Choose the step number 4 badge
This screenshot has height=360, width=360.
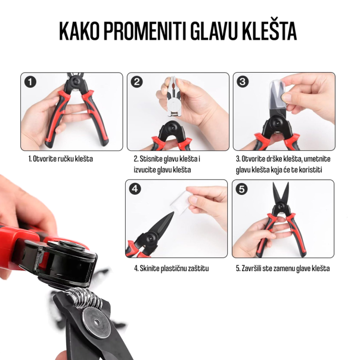click(x=136, y=189)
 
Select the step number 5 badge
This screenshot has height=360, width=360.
click(x=241, y=189)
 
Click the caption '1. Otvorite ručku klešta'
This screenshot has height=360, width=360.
click(x=61, y=159)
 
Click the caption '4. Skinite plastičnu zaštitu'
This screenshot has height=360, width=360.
click(x=171, y=268)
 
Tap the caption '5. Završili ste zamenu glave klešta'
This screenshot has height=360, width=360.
click(x=283, y=268)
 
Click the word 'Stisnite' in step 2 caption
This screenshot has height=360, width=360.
click(x=151, y=159)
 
